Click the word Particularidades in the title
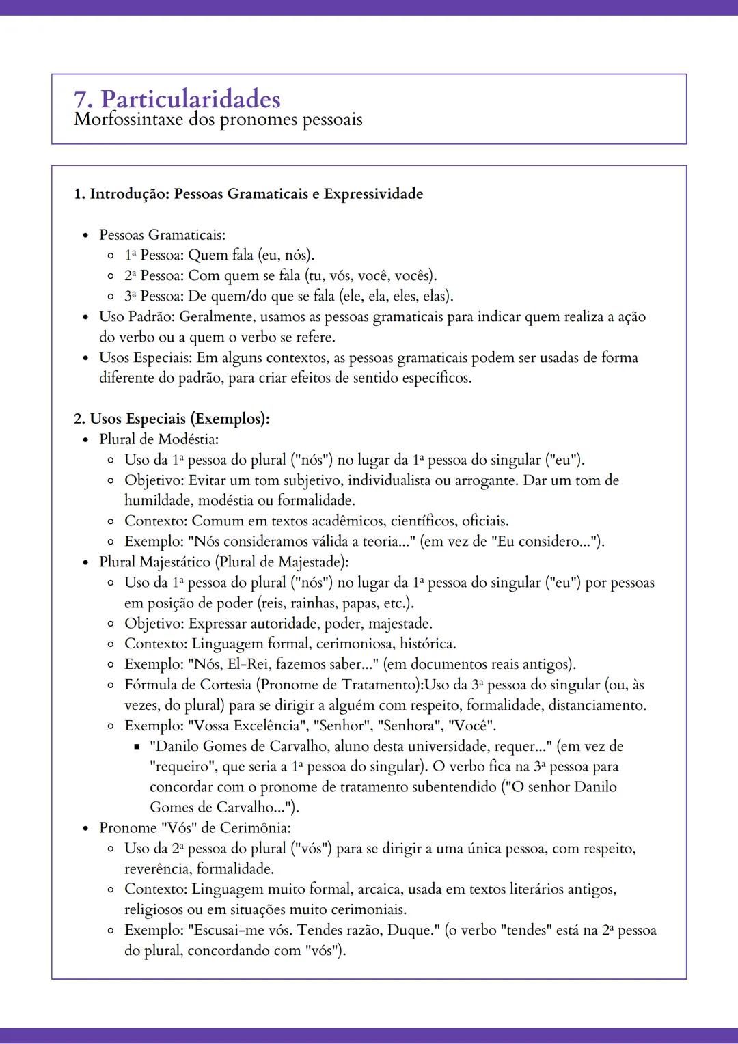click(191, 100)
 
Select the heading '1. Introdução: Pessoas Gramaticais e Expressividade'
click(248, 194)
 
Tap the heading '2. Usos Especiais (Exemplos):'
click(172, 419)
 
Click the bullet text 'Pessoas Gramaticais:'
click(162, 235)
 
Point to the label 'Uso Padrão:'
click(137, 317)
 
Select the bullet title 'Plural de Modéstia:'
click(159, 439)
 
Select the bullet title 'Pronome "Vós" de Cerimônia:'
click(195, 828)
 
